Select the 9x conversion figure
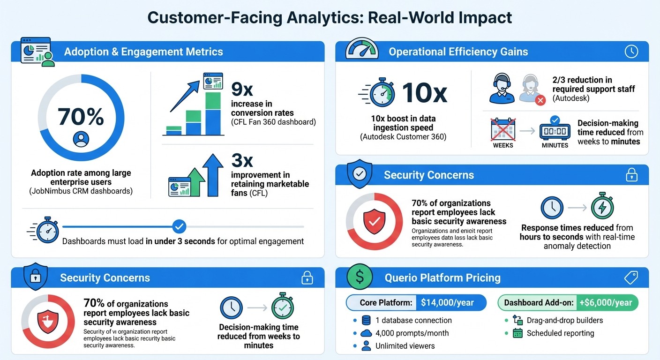pos(242,88)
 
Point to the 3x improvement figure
pos(242,160)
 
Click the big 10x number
pos(425,93)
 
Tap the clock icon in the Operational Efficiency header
pos(631,52)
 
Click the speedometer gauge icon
pos(362,49)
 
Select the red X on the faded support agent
pos(540,100)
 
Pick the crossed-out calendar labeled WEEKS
pos(503,130)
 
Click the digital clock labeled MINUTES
pos(555,131)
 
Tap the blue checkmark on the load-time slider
pos(179,227)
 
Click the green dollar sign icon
pos(360,277)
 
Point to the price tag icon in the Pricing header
pos(631,278)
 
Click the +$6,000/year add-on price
pos(606,303)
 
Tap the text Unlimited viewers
pos(405,346)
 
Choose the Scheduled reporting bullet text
pos(560,333)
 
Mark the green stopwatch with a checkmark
pos(283,307)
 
